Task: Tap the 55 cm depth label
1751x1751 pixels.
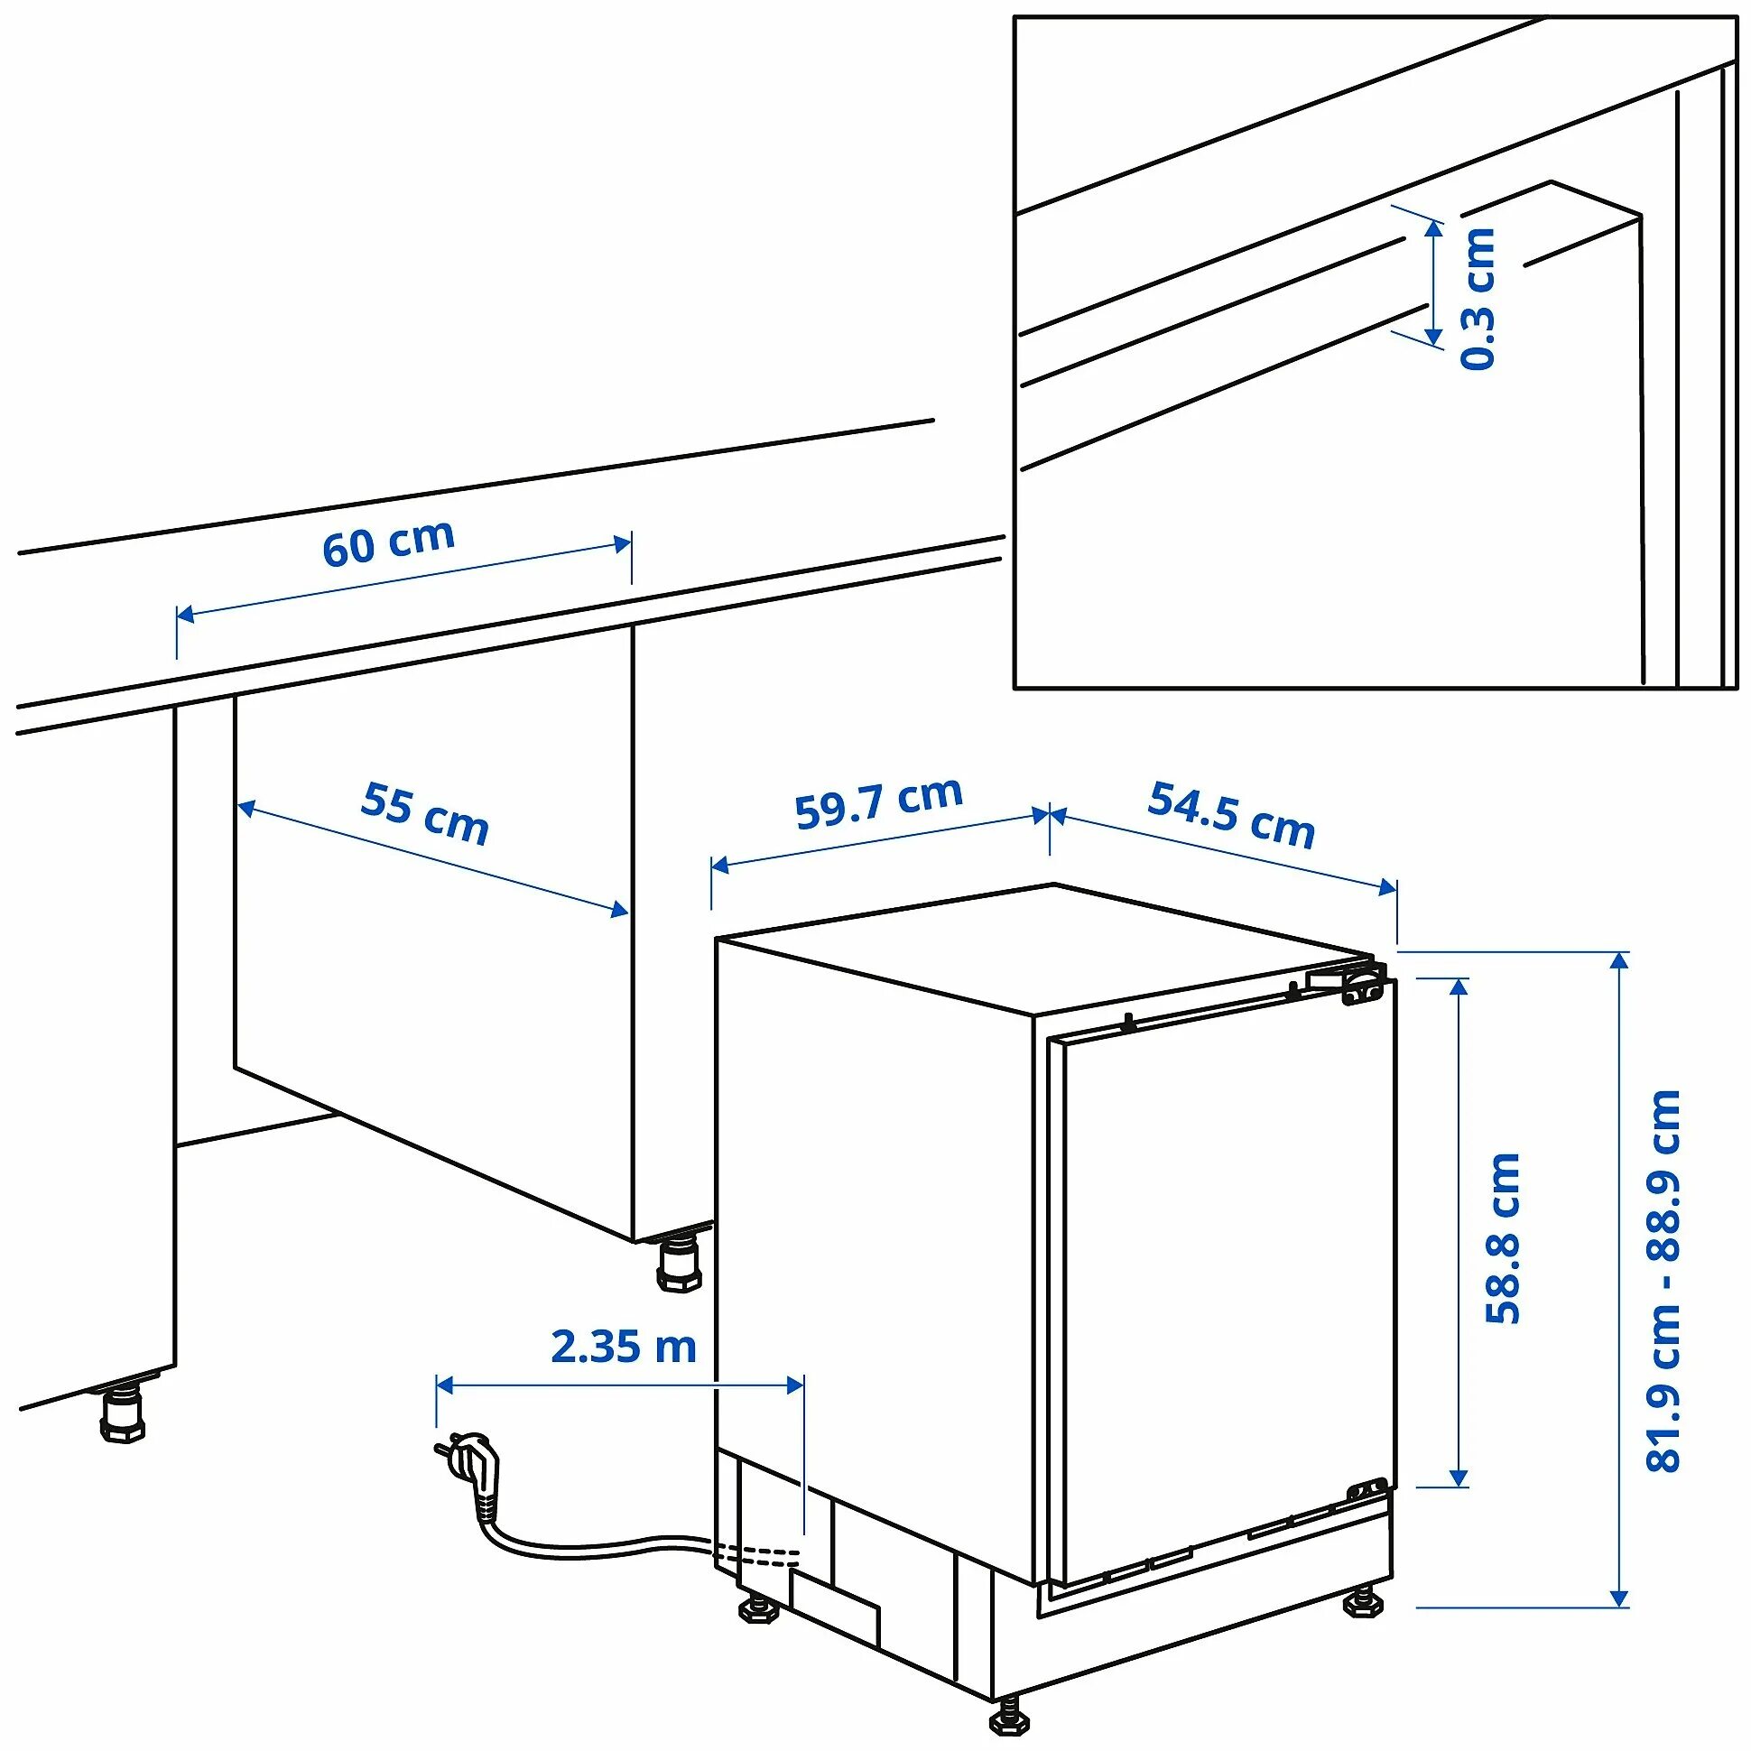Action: pyautogui.click(x=424, y=813)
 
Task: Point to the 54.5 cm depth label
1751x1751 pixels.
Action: pyautogui.click(x=1231, y=815)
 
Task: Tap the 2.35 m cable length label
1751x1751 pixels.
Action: pyautogui.click(x=624, y=1348)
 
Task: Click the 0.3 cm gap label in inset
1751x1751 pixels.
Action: pyautogui.click(x=1478, y=299)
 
